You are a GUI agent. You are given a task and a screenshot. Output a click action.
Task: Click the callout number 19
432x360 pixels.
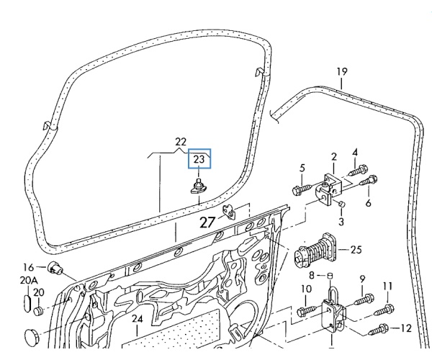click(342, 72)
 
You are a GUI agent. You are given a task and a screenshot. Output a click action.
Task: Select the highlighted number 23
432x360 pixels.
click(199, 159)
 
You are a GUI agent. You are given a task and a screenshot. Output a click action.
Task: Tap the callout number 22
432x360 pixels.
click(181, 142)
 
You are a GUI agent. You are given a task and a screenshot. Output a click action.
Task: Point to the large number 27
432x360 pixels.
click(207, 222)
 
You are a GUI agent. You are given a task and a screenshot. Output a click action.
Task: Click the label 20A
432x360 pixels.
click(29, 280)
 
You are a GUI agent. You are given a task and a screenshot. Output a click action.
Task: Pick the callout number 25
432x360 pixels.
click(356, 250)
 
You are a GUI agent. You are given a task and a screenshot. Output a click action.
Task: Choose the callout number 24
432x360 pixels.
click(138, 319)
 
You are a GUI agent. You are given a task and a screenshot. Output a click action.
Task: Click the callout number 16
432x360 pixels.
click(28, 267)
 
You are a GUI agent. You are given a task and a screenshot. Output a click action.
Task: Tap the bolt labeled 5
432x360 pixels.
click(302, 189)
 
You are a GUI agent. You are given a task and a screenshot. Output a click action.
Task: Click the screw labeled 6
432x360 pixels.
click(369, 181)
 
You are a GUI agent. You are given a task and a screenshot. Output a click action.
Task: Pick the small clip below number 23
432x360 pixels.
click(199, 186)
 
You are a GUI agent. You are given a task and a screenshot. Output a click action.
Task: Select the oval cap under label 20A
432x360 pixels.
click(26, 303)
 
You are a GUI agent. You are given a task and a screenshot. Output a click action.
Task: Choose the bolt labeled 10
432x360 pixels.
click(308, 310)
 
